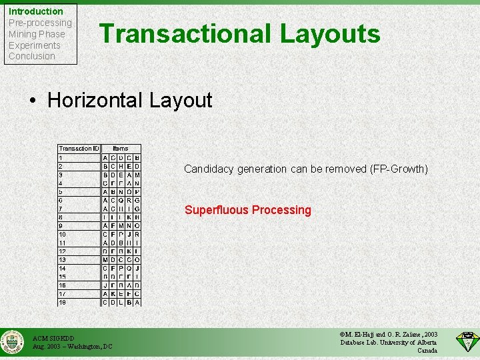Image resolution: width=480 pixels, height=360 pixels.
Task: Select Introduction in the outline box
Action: [x=36, y=11]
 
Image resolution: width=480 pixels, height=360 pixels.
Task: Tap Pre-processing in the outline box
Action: [x=40, y=23]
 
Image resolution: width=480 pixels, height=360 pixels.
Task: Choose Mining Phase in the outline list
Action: [x=37, y=34]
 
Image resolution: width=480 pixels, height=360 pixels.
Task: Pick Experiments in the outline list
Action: [x=35, y=45]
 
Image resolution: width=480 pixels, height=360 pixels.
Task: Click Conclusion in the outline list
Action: [x=32, y=56]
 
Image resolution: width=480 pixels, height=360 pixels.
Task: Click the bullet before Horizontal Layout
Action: [x=33, y=101]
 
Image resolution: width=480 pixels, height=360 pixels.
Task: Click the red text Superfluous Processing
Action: [x=247, y=210]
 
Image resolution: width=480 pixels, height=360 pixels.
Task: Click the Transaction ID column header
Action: [x=79, y=149]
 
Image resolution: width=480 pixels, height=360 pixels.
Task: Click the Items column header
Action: [x=121, y=149]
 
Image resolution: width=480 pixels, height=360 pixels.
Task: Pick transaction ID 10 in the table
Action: [x=62, y=235]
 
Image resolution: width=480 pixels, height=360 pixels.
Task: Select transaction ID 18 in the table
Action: [x=62, y=303]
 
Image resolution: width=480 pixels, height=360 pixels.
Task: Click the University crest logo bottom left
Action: [x=13, y=343]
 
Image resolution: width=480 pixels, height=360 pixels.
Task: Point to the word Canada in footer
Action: [x=427, y=351]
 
